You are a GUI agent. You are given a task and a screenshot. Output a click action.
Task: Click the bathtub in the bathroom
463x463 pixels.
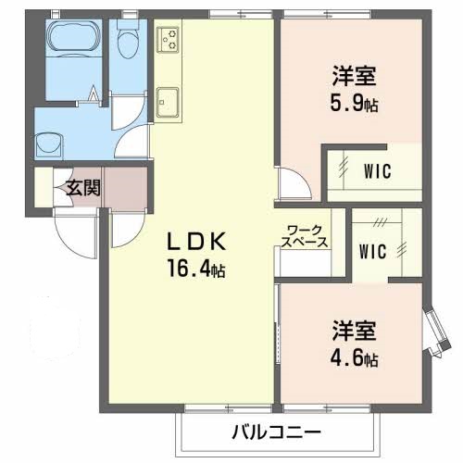coord(72,43)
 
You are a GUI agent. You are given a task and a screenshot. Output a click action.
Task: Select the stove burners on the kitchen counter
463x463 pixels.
coord(169,39)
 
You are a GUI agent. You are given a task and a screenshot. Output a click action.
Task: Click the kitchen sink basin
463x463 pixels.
coord(169,100)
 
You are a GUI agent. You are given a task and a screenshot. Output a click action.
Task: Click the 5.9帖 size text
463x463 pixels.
coord(355,104)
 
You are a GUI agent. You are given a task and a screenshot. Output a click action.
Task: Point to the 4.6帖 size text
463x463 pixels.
coord(357,357)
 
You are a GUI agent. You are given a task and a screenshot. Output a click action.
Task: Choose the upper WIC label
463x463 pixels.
coord(376,171)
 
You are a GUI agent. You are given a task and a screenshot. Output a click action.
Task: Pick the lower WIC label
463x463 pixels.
coord(372,250)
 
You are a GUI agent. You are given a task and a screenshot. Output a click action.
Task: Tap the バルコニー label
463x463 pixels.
coord(275,432)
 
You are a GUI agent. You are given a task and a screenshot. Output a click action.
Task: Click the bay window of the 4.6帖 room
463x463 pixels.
coord(432,333)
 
